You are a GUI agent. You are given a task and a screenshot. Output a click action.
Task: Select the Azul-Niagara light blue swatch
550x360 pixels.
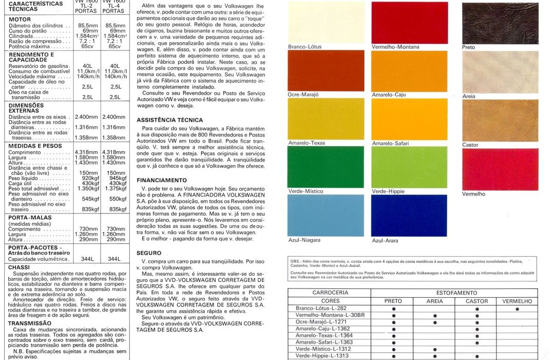[326, 215]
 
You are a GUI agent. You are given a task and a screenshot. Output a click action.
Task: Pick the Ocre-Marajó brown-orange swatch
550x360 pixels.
[326, 71]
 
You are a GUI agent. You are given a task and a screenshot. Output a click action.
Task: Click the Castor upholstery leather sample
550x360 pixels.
[493, 120]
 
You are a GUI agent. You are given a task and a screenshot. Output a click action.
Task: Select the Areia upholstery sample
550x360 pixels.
[493, 71]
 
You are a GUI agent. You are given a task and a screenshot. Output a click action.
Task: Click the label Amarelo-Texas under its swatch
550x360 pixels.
[307, 143]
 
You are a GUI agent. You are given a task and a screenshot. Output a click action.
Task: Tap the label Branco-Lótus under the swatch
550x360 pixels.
[305, 47]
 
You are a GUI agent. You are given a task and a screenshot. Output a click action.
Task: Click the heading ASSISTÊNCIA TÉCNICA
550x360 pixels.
[170, 120]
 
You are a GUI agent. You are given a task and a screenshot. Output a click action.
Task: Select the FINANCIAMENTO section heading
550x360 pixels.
[162, 181]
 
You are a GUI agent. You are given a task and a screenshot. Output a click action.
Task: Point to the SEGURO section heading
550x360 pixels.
[149, 253]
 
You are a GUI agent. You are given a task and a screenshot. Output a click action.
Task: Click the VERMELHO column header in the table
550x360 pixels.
[517, 301]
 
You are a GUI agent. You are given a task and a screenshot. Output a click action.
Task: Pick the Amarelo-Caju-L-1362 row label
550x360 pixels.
[324, 328]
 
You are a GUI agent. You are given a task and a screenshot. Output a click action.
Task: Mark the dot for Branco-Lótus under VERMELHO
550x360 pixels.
[517, 309]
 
